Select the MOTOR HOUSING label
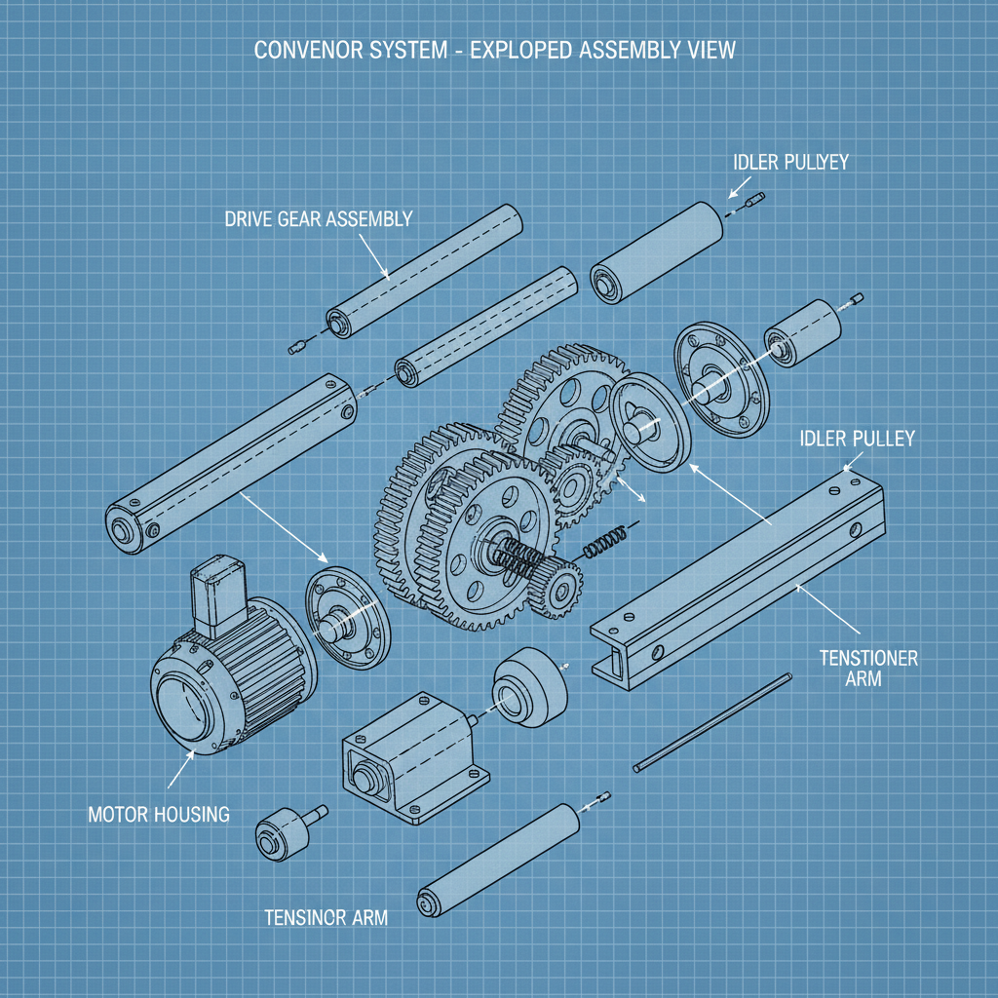point(159,814)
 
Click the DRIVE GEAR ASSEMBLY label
point(318,219)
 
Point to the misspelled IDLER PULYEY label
point(790,162)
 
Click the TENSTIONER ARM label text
point(868,668)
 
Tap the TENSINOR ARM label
point(326,917)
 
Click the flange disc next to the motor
point(346,620)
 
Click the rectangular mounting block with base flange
point(409,755)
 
